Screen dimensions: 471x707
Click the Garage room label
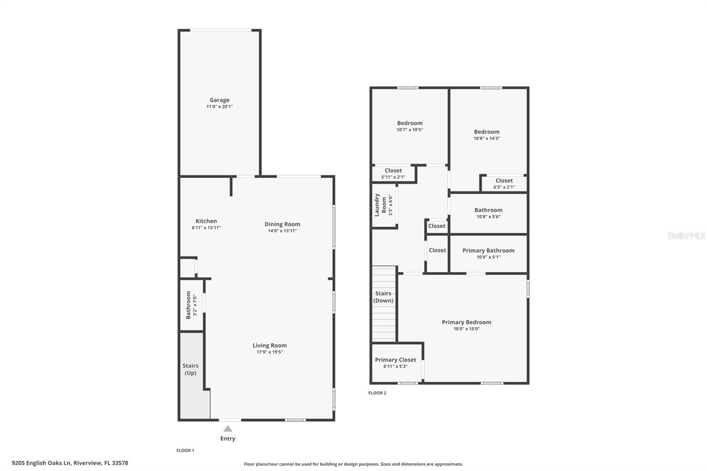click(x=219, y=100)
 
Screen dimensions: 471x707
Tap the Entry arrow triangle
click(x=228, y=429)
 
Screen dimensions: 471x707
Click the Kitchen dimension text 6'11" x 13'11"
click(x=206, y=228)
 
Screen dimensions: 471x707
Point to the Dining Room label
click(x=282, y=224)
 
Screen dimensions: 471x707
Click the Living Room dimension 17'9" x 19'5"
click(x=270, y=352)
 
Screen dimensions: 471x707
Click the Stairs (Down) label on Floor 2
click(x=383, y=297)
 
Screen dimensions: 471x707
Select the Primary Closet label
click(x=395, y=360)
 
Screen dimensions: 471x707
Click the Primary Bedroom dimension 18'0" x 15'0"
click(x=466, y=329)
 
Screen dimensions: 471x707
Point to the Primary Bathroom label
click(x=488, y=251)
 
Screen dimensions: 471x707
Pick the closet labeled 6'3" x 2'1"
click(x=504, y=183)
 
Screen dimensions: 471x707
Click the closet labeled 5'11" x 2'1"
click(x=393, y=174)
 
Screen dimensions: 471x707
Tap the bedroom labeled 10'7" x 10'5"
click(x=410, y=126)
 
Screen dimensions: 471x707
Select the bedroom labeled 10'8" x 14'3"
click(x=487, y=135)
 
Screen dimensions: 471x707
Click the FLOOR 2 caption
click(x=377, y=393)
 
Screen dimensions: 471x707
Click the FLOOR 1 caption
click(x=185, y=450)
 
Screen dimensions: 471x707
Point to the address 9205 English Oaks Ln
click(x=70, y=463)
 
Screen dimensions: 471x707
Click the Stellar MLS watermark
click(x=686, y=235)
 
